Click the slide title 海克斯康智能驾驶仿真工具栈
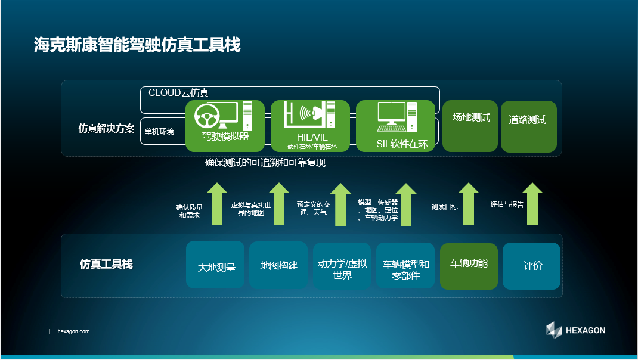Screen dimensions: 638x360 coord(137,44)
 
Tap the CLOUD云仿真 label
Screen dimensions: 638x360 coord(179,93)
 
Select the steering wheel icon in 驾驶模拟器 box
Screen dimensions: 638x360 coord(207,116)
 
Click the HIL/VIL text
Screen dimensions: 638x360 coord(312,137)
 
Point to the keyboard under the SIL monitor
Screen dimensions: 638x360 coord(391,128)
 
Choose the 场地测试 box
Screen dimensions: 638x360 coord(470,126)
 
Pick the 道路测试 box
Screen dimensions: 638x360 coord(528,126)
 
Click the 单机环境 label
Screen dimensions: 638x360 coord(160,131)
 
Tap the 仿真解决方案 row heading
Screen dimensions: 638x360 coord(106,129)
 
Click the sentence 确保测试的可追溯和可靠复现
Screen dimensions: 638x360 coord(265,163)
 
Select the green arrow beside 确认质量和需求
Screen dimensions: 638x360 coord(217,204)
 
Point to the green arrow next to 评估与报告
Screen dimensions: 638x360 coord(532,204)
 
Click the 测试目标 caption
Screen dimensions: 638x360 coord(445,207)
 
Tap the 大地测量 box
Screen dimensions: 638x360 coord(215,265)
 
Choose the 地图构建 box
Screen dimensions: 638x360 coord(278,265)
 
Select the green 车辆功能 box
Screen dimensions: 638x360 coord(469,266)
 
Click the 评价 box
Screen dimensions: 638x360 coord(531,266)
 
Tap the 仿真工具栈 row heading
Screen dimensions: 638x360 coord(106,264)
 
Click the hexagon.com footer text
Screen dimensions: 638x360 coord(74,331)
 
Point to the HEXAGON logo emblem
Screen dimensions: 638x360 coord(554,330)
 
